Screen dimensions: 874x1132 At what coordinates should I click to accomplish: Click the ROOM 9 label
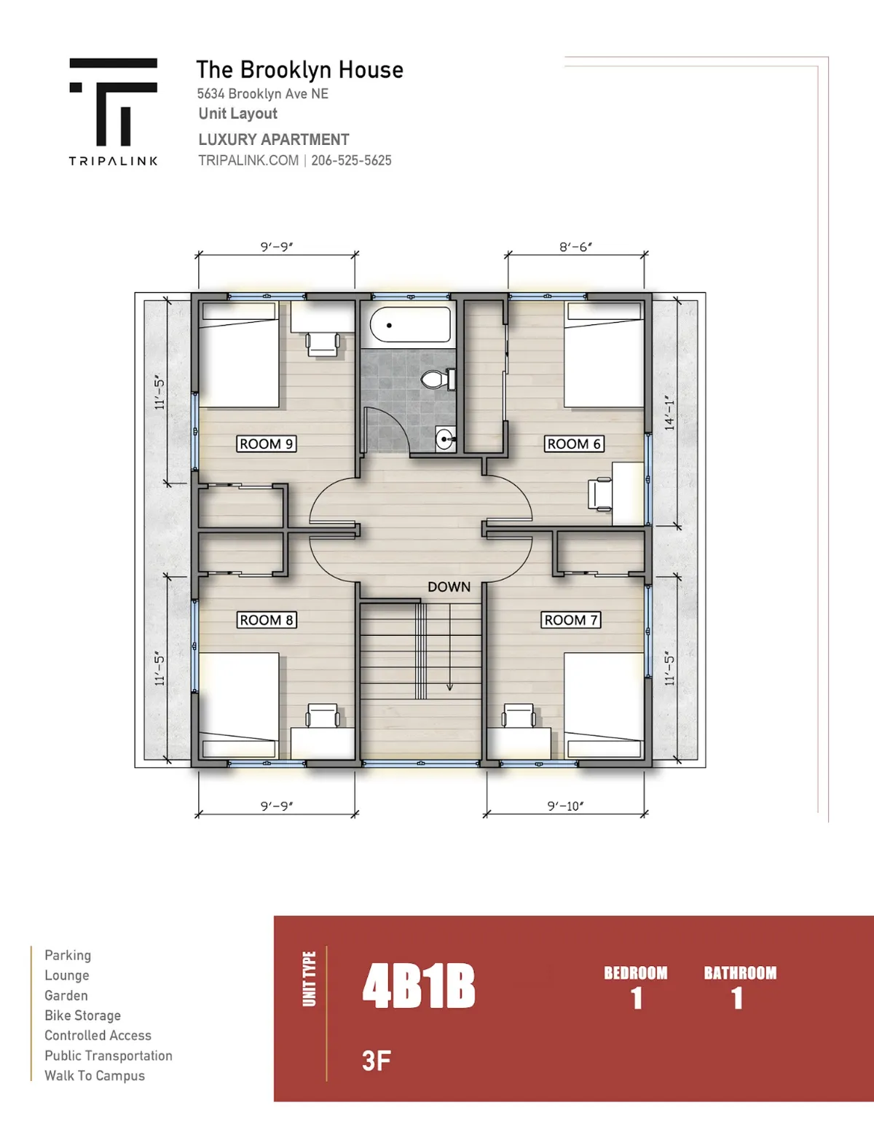tap(266, 444)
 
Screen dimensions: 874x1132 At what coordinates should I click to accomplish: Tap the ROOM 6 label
tap(574, 444)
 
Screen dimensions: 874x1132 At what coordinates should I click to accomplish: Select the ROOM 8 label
tap(266, 620)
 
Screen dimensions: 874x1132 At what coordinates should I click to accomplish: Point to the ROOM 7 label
tap(571, 620)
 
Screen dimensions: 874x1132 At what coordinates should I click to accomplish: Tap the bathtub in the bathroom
tap(410, 325)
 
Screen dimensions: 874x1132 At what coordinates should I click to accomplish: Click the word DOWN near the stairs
tap(449, 587)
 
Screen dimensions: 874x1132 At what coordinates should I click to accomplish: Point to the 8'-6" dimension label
tap(576, 247)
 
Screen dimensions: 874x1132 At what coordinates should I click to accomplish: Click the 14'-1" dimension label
tap(670, 412)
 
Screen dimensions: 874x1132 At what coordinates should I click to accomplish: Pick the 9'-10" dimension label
tap(566, 806)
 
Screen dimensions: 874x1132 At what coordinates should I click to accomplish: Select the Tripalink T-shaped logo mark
tap(114, 101)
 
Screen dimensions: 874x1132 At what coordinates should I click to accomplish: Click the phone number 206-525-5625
tap(351, 160)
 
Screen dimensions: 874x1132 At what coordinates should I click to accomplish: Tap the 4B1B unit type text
tap(419, 986)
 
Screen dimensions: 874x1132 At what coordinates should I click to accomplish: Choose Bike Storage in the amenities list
tap(83, 1015)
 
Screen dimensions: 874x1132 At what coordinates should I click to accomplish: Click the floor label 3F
tap(377, 1061)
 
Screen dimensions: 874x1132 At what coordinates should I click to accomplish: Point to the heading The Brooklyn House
tap(299, 69)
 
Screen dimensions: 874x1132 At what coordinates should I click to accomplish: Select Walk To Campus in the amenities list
tap(95, 1076)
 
